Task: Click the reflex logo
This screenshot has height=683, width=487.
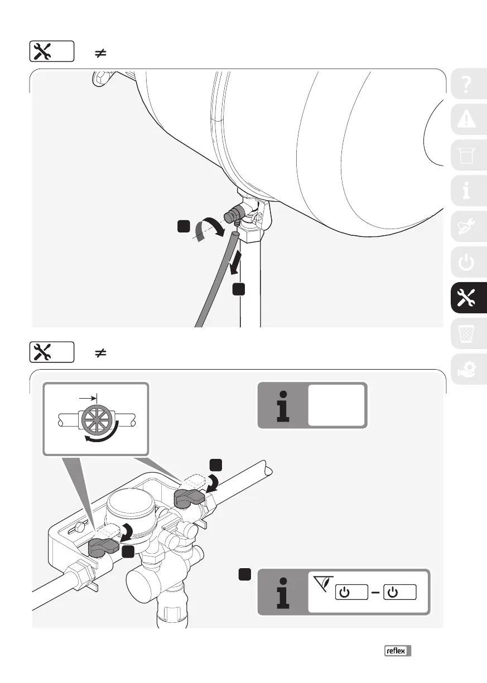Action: (x=397, y=651)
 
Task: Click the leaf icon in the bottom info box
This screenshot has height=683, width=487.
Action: (x=322, y=582)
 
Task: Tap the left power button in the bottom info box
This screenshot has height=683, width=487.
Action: (x=351, y=592)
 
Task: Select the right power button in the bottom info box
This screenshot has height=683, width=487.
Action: (x=400, y=592)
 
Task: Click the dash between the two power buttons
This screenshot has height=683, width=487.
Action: (x=375, y=592)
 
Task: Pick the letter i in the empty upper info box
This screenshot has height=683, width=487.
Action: (x=283, y=405)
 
